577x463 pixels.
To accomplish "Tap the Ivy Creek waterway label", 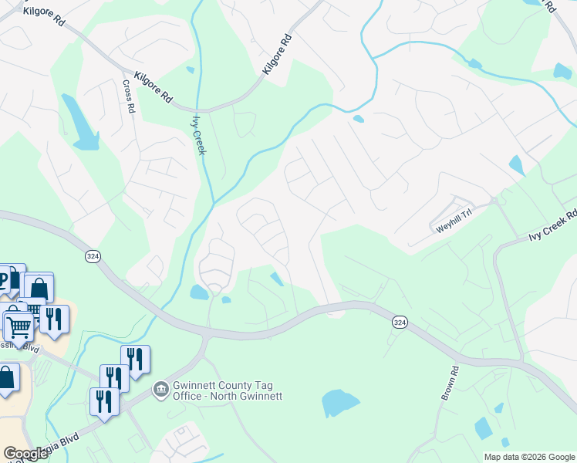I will point(199,134).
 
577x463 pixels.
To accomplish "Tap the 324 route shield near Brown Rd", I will point(399,322).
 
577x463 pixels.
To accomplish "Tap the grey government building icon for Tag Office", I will point(160,390).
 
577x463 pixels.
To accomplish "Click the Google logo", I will point(26,454).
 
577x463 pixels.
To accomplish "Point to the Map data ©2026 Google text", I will point(528,457).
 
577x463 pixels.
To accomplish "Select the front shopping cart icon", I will point(19,327).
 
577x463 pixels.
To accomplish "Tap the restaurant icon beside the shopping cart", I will point(53,318).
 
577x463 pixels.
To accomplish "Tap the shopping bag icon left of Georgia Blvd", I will point(6,379).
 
